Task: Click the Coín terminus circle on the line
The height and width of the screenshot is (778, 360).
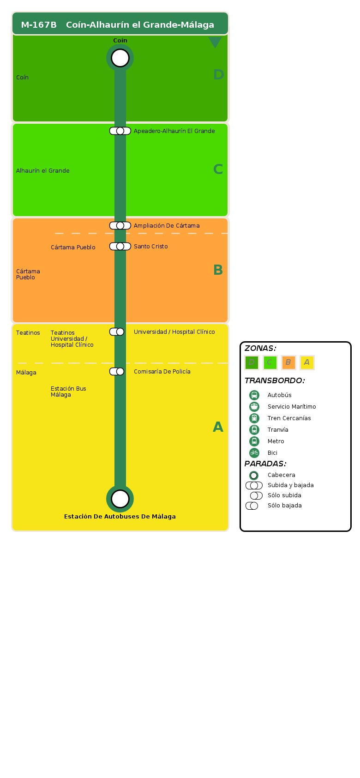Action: [x=120, y=58]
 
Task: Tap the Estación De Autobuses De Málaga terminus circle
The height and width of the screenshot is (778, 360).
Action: [x=120, y=499]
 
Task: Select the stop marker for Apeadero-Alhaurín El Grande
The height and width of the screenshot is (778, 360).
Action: [x=120, y=131]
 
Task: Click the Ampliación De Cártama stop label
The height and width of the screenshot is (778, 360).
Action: [x=167, y=226]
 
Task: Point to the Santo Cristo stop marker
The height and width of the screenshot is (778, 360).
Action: [x=120, y=247]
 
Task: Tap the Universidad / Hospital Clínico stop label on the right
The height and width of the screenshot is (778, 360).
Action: [x=174, y=332]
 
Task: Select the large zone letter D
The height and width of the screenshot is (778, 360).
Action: [x=218, y=75]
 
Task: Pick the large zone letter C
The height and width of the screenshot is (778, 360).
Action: [x=218, y=169]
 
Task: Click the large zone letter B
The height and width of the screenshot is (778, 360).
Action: [x=218, y=270]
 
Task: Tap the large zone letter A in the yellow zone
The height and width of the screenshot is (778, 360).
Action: [x=218, y=427]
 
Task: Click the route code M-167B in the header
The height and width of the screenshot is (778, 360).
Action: [x=39, y=25]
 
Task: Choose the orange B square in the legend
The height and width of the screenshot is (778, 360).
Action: [x=288, y=362]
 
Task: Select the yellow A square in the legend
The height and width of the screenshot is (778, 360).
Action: [x=307, y=362]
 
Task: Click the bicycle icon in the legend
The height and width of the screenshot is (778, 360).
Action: [x=254, y=453]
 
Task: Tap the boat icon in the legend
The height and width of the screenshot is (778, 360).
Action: [x=254, y=407]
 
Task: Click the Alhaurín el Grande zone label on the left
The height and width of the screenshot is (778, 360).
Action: [x=43, y=171]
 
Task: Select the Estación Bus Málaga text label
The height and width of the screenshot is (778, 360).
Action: [x=68, y=392]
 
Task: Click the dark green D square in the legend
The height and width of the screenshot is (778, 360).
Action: [x=252, y=362]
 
